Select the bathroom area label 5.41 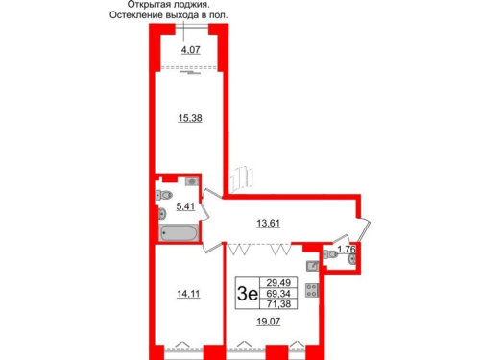(186, 204)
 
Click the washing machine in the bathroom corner (192, 180)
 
